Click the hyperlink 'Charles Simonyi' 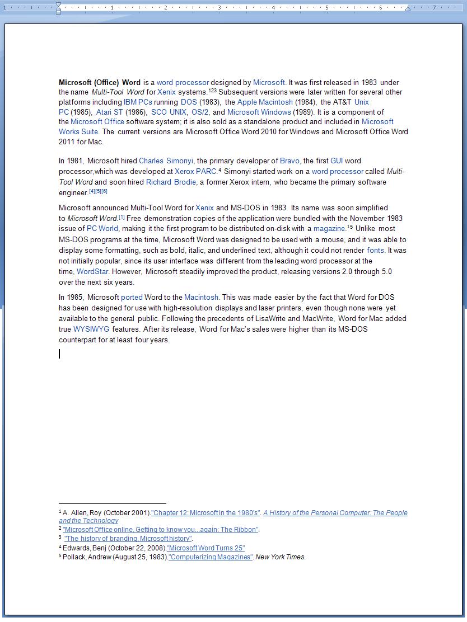click(x=166, y=161)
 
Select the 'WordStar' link click(x=92, y=272)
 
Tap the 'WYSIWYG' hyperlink click(x=91, y=329)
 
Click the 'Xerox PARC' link click(x=195, y=172)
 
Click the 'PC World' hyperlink click(x=102, y=229)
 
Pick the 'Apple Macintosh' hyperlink click(x=265, y=102)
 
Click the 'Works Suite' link click(x=78, y=132)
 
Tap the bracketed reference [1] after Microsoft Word click(x=122, y=217)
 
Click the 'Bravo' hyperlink click(x=289, y=161)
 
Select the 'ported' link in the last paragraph click(x=132, y=298)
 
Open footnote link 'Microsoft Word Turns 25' click(x=206, y=548)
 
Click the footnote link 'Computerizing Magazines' click(x=211, y=557)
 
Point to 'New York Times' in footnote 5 click(x=281, y=557)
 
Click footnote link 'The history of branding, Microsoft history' click(x=128, y=539)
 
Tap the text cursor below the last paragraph click(x=59, y=354)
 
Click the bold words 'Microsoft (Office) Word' click(x=100, y=83)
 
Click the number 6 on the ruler click(x=380, y=7)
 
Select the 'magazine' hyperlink click(x=329, y=229)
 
